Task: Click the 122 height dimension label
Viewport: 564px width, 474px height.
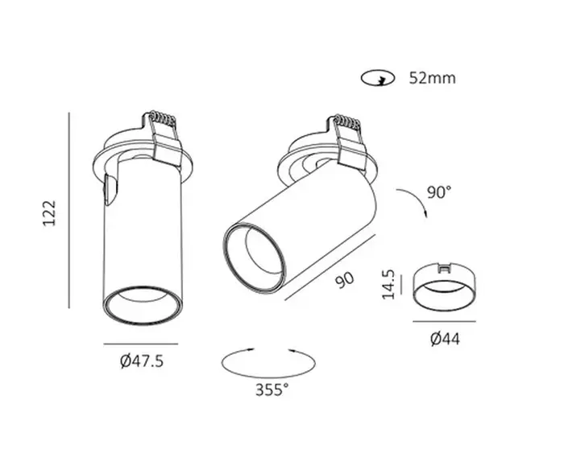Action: (x=50, y=213)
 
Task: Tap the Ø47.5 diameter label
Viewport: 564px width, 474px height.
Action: (x=142, y=361)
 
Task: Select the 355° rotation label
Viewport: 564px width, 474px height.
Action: (x=272, y=390)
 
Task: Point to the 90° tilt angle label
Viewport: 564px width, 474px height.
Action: (x=439, y=192)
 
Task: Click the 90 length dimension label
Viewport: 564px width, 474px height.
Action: (x=345, y=280)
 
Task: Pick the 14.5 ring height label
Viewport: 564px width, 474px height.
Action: (x=388, y=284)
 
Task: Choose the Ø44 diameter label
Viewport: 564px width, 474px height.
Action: (x=445, y=339)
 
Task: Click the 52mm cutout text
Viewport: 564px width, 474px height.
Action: (x=433, y=78)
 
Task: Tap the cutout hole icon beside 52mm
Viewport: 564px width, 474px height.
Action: (x=378, y=78)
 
